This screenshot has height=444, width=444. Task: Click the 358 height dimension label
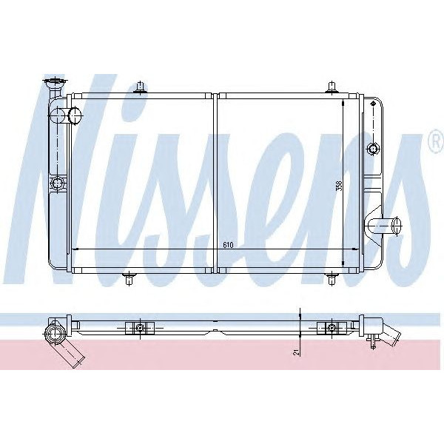point(339,186)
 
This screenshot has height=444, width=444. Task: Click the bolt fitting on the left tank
point(55,183)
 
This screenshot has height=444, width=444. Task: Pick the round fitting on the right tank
point(372,148)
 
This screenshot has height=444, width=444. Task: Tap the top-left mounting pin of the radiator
point(139,88)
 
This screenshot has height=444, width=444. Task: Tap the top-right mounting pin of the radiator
point(330,88)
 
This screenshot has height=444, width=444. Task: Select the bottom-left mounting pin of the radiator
point(130,279)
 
